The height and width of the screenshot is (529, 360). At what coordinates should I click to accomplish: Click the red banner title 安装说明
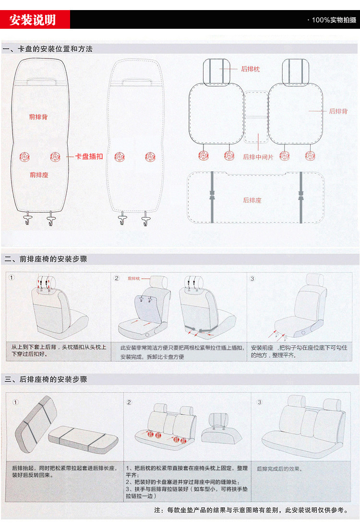(33, 20)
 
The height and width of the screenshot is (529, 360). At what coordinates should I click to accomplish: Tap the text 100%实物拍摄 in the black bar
(334, 20)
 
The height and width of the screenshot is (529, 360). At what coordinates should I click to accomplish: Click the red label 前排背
(38, 117)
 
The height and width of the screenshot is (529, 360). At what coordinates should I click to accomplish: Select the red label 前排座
(39, 175)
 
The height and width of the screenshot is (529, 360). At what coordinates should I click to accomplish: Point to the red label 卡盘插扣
(89, 156)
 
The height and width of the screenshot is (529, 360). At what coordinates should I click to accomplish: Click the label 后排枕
(250, 69)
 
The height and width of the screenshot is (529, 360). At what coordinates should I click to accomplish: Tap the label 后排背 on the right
(338, 111)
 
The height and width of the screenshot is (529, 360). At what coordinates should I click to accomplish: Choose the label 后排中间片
(258, 157)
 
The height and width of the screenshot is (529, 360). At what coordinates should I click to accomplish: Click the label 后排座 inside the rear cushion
(252, 200)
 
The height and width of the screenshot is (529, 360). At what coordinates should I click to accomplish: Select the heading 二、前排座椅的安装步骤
(46, 259)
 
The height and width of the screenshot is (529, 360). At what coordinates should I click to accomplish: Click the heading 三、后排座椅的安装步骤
(46, 379)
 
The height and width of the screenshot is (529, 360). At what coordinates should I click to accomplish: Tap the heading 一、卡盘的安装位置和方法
(48, 49)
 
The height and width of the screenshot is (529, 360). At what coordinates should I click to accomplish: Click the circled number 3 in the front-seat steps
(252, 279)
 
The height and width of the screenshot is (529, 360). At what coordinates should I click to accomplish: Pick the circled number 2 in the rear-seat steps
(129, 402)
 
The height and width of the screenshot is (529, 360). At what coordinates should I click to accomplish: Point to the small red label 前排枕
(134, 278)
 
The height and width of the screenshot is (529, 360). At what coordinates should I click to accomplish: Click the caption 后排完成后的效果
(279, 469)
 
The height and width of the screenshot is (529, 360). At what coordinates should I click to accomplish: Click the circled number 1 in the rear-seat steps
(15, 402)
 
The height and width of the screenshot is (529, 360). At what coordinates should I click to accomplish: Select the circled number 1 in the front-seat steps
(12, 277)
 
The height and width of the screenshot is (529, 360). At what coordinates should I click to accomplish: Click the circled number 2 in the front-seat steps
(117, 278)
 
